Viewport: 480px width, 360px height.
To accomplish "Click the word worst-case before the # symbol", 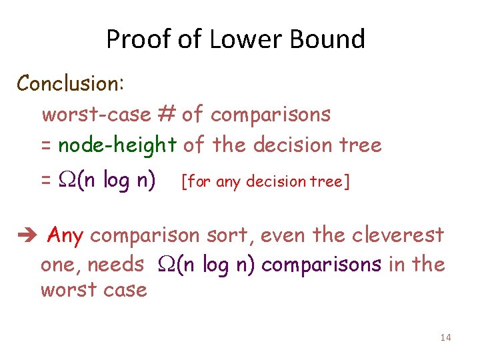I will tap(96, 115).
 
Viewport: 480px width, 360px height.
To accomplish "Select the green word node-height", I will tap(117, 145).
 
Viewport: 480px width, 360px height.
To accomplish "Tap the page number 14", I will tap(445, 338).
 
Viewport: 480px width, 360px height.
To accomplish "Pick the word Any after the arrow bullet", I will tap(66, 235).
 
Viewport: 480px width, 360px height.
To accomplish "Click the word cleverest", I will tap(397, 235).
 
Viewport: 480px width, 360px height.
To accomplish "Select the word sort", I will tap(223, 235).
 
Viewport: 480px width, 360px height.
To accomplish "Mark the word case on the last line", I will tap(127, 291).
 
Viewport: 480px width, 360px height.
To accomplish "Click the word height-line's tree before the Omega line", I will tap(361, 145).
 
